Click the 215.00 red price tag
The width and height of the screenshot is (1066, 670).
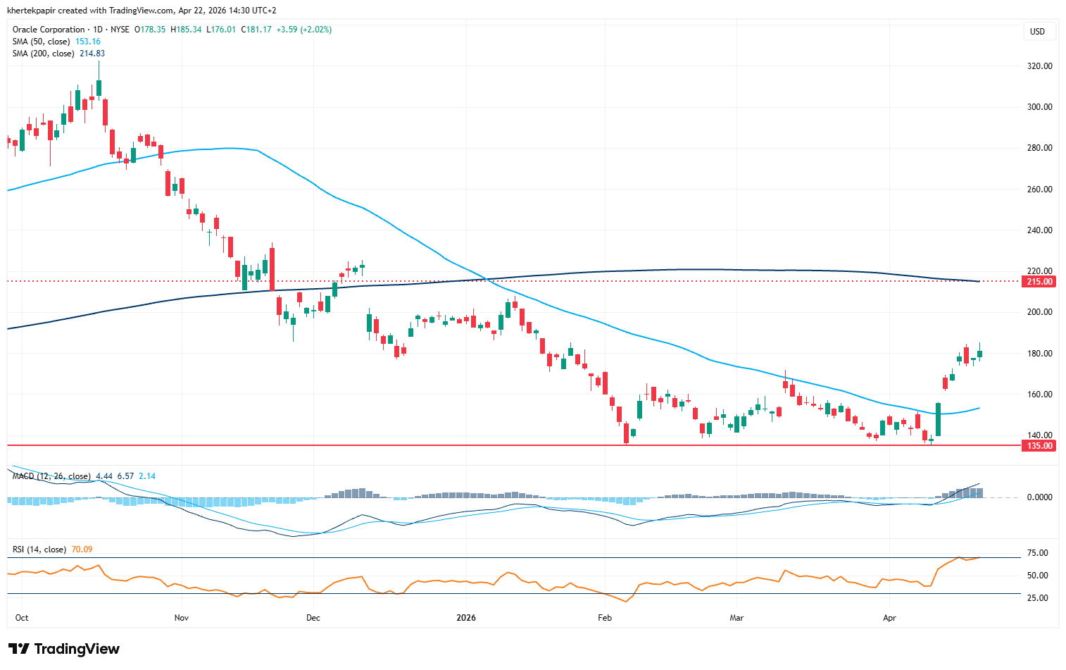click(1039, 282)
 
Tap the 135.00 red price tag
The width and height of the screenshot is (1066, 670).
click(1039, 446)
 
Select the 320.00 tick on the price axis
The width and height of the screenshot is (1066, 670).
click(1039, 66)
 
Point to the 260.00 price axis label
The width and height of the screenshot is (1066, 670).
click(1039, 190)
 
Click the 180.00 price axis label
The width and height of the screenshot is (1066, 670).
click(1039, 354)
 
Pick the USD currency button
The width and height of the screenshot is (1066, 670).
click(1037, 32)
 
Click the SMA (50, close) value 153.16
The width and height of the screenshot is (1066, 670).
click(88, 42)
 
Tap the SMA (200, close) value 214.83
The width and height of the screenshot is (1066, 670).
click(92, 54)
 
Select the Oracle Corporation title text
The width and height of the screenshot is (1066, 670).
click(49, 30)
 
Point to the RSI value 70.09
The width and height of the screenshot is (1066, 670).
click(82, 550)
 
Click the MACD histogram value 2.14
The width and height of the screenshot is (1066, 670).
click(147, 476)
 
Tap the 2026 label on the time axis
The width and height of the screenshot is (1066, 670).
click(466, 618)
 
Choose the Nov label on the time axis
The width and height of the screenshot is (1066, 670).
click(182, 618)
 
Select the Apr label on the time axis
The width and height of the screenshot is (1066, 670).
click(889, 618)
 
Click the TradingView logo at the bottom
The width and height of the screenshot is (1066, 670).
click(64, 649)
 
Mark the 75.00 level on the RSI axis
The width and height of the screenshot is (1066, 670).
click(1038, 553)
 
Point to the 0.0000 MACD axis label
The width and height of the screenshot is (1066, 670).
click(1039, 497)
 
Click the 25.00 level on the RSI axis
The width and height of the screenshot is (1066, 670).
click(1038, 598)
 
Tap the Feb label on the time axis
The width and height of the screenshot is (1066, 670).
click(605, 618)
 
